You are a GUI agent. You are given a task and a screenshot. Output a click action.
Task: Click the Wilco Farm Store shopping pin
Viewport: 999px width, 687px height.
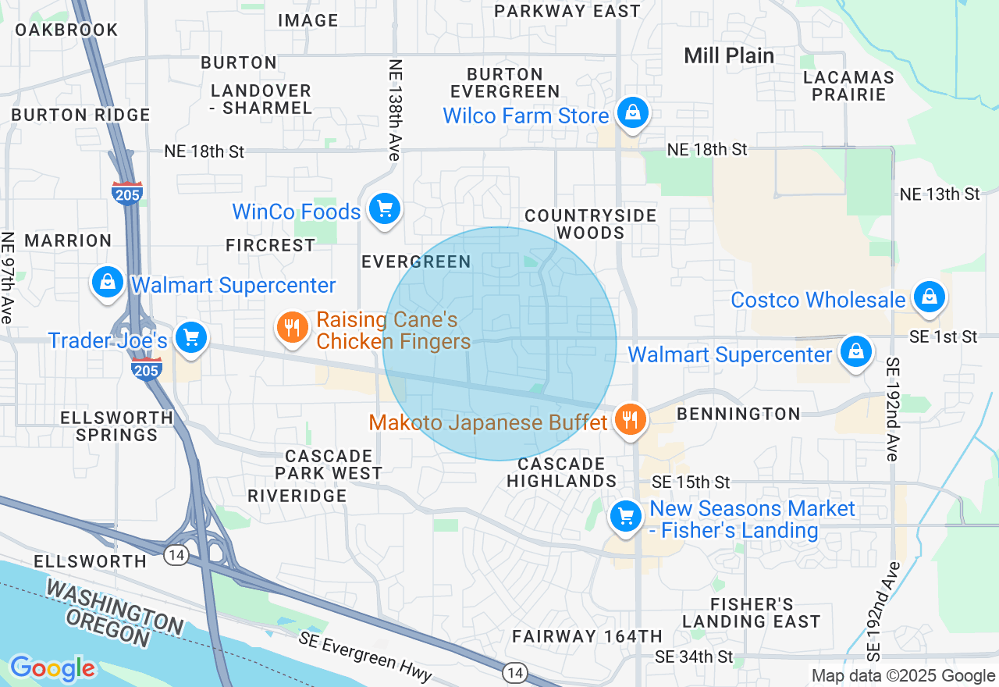635,114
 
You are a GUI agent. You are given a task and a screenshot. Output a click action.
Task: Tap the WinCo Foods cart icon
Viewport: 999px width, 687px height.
384,210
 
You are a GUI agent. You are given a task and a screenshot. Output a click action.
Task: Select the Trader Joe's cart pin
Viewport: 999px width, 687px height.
190,338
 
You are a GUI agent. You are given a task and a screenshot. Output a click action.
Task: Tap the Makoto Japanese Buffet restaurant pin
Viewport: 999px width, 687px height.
630,420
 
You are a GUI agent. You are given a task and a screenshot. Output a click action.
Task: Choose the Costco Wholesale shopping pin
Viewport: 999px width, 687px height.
929,297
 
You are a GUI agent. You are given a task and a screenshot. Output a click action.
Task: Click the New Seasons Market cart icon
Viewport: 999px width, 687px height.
624,516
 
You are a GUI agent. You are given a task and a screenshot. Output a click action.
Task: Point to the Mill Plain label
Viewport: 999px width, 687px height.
729,55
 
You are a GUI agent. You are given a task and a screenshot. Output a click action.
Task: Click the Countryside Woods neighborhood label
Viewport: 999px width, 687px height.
590,224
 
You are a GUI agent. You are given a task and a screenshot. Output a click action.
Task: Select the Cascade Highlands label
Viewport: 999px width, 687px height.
562,472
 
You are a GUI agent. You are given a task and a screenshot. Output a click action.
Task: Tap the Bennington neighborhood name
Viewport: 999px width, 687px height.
738,414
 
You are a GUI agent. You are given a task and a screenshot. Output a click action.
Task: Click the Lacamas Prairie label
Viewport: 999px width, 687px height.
848,86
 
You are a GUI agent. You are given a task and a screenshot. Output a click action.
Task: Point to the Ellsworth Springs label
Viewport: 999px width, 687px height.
116,426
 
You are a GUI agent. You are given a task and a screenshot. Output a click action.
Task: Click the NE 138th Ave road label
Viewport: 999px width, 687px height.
395,110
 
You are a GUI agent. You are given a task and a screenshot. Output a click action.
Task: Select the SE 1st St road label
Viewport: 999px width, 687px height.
943,336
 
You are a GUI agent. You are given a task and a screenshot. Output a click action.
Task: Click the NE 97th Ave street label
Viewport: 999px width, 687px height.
8,278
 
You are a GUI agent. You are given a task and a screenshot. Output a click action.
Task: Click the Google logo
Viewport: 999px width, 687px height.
52,668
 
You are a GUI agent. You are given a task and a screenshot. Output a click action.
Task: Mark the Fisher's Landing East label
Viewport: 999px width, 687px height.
752,613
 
